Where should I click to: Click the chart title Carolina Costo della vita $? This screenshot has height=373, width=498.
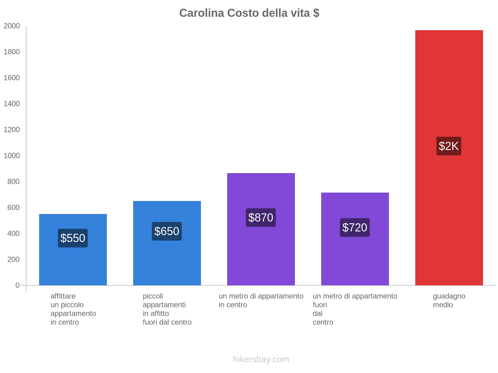249,13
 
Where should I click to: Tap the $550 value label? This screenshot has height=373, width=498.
73,238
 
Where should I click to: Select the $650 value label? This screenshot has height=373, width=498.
167,231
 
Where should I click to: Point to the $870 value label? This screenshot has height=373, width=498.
261,218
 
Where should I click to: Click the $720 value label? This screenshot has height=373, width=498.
355,228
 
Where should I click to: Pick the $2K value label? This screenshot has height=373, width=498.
449,146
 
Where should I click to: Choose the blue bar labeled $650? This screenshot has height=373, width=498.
167,264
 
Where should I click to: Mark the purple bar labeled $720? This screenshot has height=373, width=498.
355,261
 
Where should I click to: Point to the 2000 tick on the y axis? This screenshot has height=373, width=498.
12,26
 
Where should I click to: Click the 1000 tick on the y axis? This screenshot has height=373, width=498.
12,156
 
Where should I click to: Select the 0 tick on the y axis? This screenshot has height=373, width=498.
17,285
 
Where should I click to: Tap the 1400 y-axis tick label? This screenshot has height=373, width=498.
12,104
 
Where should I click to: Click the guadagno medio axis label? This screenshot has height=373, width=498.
449,301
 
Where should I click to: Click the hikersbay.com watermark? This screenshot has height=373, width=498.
261,359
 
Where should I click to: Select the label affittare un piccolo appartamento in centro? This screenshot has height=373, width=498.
73,309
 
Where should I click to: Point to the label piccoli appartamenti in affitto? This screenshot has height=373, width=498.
167,309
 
